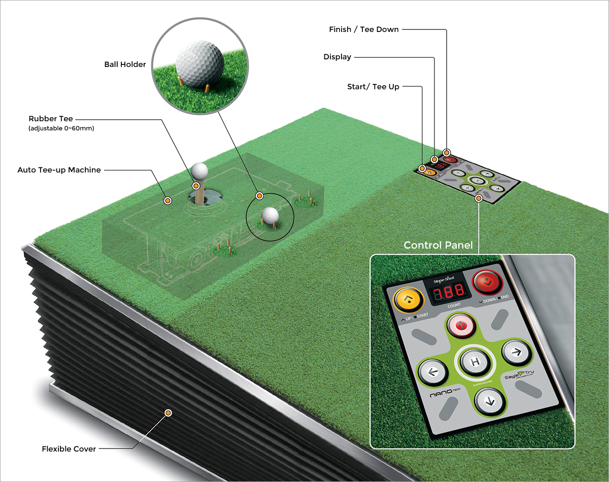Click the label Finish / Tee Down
coord(364,29)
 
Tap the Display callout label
coord(337,57)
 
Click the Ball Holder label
coord(125,64)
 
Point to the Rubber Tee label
coord(58,119)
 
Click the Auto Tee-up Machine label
coord(59,169)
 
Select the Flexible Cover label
coord(69,449)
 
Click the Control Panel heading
coord(438,246)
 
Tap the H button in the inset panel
coord(475,362)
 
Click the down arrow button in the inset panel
coord(489,402)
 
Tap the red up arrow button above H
coord(461,326)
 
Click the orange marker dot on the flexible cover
coord(167,413)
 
